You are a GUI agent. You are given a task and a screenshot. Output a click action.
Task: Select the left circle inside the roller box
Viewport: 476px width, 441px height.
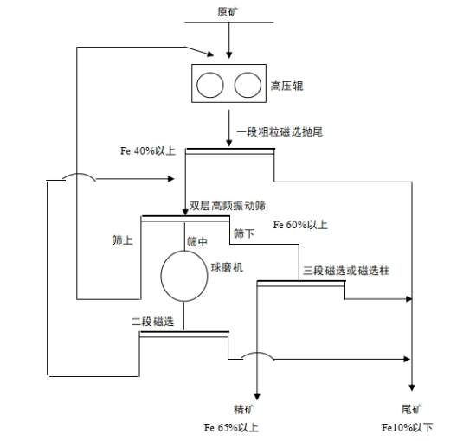(210, 86)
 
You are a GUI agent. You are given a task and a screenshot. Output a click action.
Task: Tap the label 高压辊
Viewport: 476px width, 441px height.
(287, 86)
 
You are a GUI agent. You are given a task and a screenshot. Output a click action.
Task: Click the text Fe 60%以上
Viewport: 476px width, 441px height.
(300, 226)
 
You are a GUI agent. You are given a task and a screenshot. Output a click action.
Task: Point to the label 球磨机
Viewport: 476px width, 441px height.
(228, 268)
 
